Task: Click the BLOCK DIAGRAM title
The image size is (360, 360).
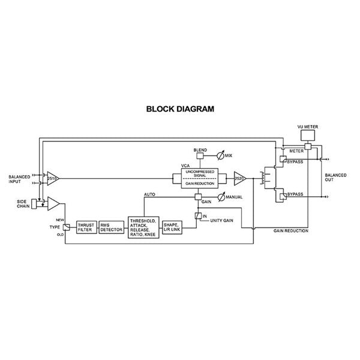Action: pos(180,110)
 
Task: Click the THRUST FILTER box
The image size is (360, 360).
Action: pos(86,228)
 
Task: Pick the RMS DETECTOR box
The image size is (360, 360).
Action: pos(111,228)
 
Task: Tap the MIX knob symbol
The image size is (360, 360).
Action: pos(221,156)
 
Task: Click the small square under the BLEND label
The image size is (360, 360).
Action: pos(199,155)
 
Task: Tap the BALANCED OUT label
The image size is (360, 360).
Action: pos(335,178)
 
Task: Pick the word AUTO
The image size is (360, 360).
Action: pos(151,194)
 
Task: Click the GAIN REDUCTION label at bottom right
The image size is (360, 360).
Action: pos(291,230)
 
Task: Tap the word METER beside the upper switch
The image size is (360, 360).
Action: pos(296,151)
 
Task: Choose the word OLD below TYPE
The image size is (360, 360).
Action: pos(60,235)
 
